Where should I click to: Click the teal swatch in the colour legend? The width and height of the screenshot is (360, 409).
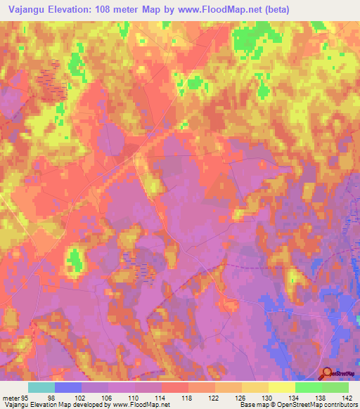41,387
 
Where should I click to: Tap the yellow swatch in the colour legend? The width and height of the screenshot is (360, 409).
281,387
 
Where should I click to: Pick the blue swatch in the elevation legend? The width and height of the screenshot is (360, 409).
68,387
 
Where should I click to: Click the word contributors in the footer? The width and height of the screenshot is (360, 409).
339,404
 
